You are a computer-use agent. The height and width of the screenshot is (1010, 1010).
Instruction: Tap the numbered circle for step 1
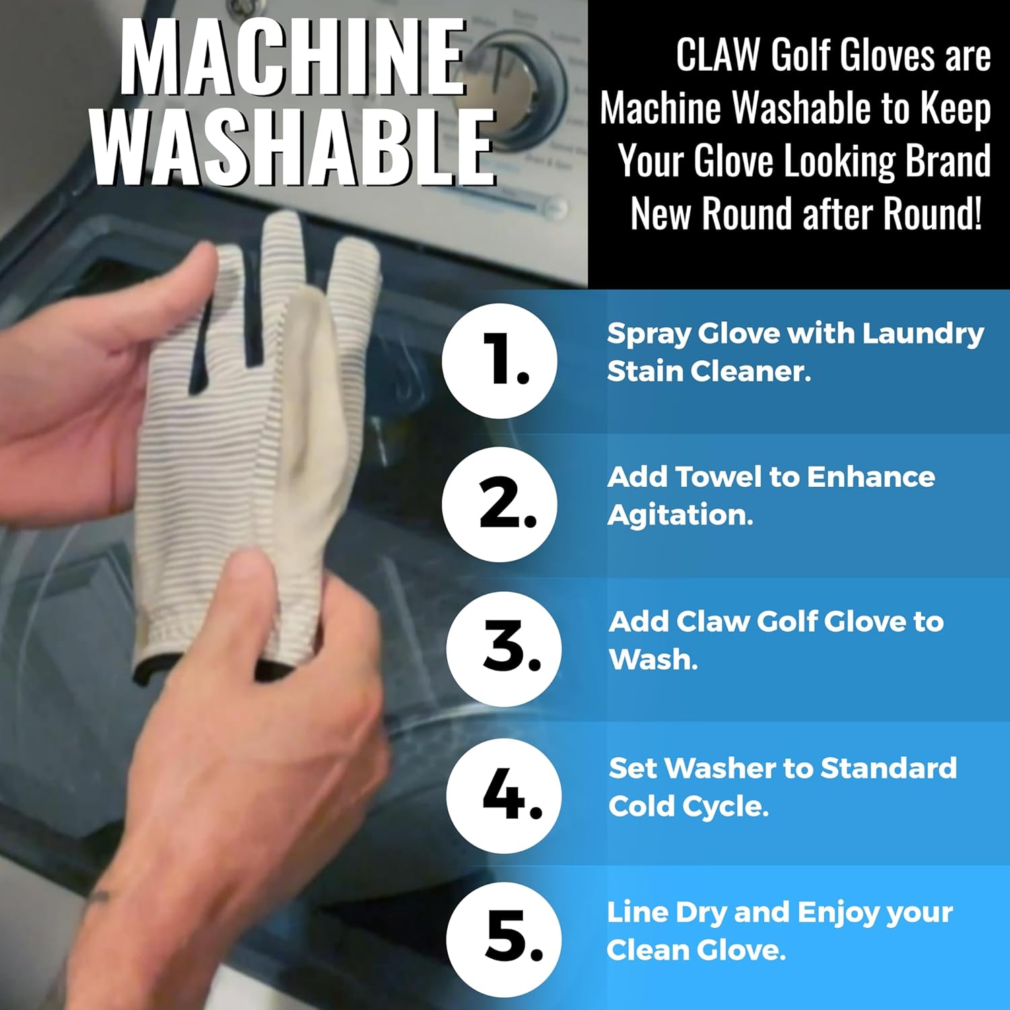click(x=500, y=361)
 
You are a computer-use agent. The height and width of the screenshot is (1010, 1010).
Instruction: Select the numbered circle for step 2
click(x=500, y=504)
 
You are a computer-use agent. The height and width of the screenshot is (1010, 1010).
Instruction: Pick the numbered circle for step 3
click(x=504, y=648)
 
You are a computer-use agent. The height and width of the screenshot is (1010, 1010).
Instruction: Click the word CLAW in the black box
click(x=718, y=55)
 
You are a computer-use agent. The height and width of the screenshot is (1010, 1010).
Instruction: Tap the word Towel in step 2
click(x=718, y=477)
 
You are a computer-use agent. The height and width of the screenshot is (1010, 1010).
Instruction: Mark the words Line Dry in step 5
click(x=667, y=912)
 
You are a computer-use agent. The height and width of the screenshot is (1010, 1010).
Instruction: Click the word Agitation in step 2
click(x=680, y=516)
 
